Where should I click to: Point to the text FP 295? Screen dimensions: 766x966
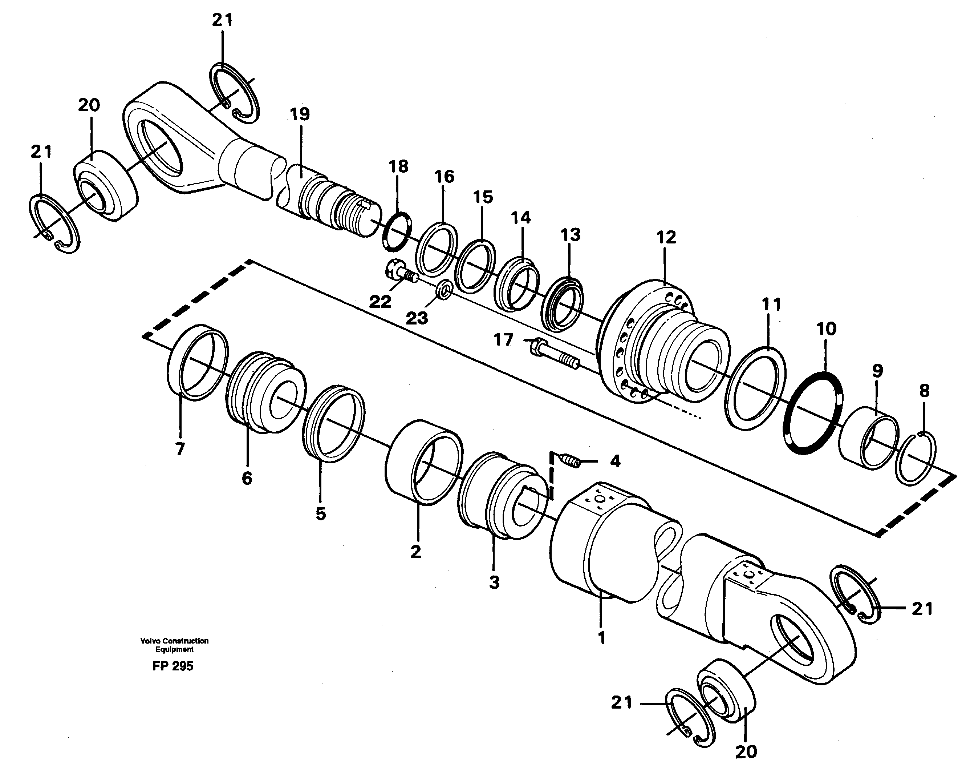tap(172, 666)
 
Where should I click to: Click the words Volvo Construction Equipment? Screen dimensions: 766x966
tap(174, 645)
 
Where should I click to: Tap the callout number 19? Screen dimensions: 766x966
tap(300, 115)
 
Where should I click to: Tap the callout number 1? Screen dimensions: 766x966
tap(601, 638)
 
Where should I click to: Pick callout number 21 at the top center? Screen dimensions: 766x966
tap(222, 21)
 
